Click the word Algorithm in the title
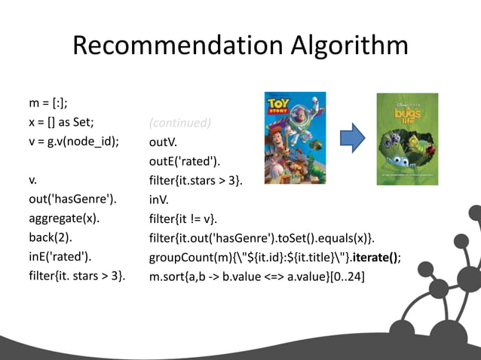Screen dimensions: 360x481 point(345,46)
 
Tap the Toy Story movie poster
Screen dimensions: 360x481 point(296,138)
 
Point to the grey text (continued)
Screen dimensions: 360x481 point(180,122)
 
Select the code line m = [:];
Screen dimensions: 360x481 point(48,102)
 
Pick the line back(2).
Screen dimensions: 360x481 point(49,238)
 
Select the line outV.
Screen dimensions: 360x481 point(164,142)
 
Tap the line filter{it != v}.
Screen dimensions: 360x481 point(183,219)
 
